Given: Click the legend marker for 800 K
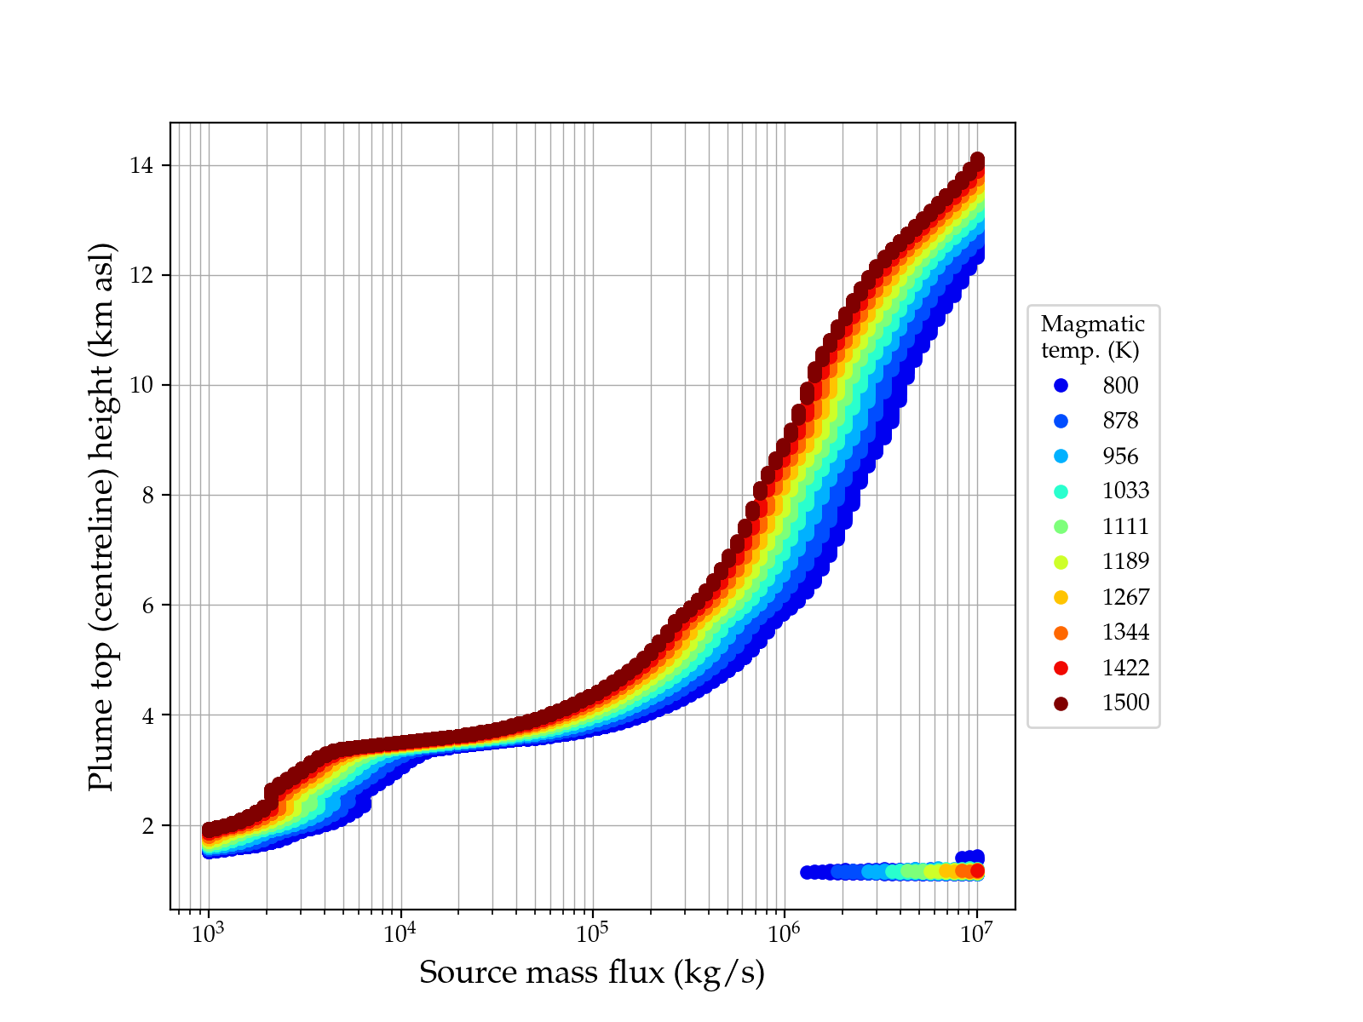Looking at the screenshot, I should (x=1061, y=386).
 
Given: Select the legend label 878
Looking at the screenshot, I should (x=1120, y=421).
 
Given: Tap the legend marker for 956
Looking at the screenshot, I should (x=1061, y=456).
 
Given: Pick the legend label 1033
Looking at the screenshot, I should (x=1125, y=491).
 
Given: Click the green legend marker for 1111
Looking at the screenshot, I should (x=1061, y=526).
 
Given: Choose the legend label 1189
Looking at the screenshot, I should (x=1125, y=561).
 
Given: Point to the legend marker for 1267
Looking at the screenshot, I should (x=1061, y=597).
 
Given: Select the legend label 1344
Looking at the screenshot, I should (x=1125, y=632).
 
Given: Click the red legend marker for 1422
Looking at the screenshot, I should (x=1061, y=668).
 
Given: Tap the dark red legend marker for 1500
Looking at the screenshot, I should (x=1061, y=703).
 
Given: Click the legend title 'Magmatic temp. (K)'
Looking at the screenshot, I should (x=1092, y=336).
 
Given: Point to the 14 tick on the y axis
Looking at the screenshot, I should (x=141, y=165).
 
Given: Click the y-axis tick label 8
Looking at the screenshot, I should (x=147, y=496).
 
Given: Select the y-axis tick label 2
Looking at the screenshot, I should (x=147, y=825).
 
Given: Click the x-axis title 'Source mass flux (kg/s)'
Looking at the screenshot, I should (x=592, y=973).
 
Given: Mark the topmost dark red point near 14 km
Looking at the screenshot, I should (x=977, y=160).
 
